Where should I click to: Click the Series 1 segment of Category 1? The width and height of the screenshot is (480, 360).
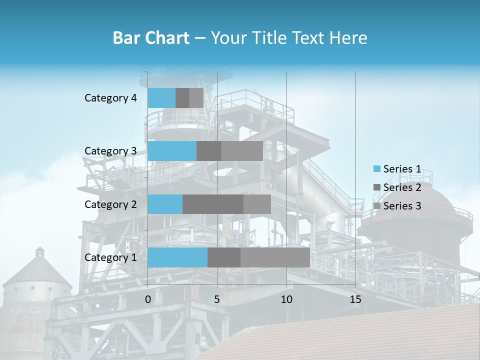(x=177, y=257)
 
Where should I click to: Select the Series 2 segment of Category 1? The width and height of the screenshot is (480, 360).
(x=224, y=257)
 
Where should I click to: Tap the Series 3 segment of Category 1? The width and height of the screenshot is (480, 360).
(x=275, y=257)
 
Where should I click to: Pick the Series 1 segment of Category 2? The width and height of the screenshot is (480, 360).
(x=165, y=204)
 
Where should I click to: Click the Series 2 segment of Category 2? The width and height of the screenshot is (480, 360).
(x=213, y=204)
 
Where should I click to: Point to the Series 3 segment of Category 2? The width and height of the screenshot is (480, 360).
(x=257, y=204)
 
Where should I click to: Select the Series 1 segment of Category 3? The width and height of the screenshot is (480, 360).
(x=172, y=151)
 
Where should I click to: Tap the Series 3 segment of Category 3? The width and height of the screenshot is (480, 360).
(x=242, y=151)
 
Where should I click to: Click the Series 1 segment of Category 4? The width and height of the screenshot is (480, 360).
(x=161, y=98)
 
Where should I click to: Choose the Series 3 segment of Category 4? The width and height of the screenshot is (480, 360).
(x=196, y=98)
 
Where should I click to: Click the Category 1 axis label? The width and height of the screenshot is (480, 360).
(x=110, y=257)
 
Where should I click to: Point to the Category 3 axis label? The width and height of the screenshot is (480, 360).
(x=110, y=151)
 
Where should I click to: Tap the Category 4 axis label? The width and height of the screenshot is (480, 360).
(x=110, y=98)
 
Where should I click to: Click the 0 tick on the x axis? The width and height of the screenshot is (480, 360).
(x=148, y=299)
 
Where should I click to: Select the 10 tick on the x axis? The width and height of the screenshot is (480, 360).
(x=286, y=299)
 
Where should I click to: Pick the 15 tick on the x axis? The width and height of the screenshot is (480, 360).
(x=355, y=299)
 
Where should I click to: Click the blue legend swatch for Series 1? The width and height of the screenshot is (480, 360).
(x=376, y=169)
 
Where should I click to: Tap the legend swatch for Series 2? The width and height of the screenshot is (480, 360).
(x=376, y=187)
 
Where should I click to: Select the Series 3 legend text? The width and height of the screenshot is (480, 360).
(x=402, y=206)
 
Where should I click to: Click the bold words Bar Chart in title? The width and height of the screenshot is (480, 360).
(x=151, y=37)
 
